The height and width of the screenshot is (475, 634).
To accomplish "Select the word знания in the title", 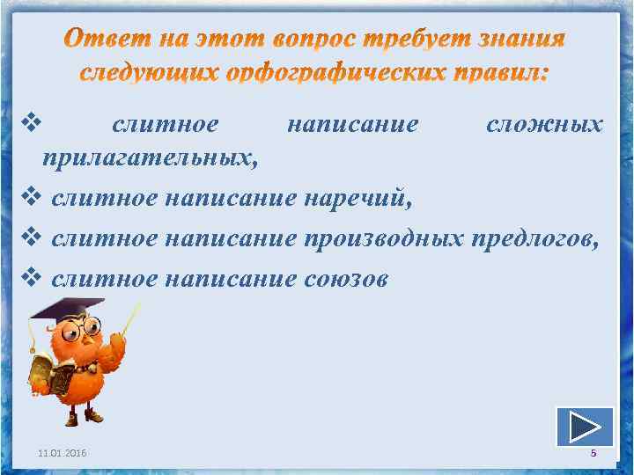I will click(x=519, y=41).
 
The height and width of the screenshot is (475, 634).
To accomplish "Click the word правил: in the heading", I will click(x=493, y=74).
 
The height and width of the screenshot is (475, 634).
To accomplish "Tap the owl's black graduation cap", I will click(x=66, y=309).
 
